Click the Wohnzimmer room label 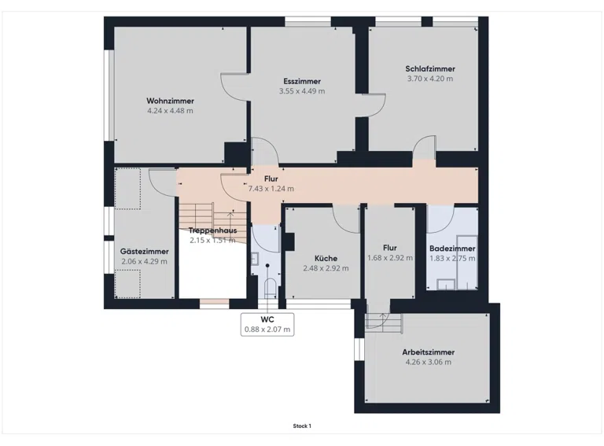(170, 101)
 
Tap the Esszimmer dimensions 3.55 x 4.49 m (302, 91)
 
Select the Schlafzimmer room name (430, 69)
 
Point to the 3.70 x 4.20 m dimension (430, 79)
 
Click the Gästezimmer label (145, 252)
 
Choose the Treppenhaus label (212, 230)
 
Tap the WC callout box (267, 324)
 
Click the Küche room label (326, 259)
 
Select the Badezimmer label (452, 249)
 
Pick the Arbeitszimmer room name (429, 352)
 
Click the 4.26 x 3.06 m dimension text (429, 362)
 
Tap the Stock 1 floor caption (302, 426)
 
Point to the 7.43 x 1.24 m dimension (271, 189)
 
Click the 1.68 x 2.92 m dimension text (390, 258)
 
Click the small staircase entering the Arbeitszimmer (384, 321)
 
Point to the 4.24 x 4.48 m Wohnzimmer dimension (170, 111)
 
